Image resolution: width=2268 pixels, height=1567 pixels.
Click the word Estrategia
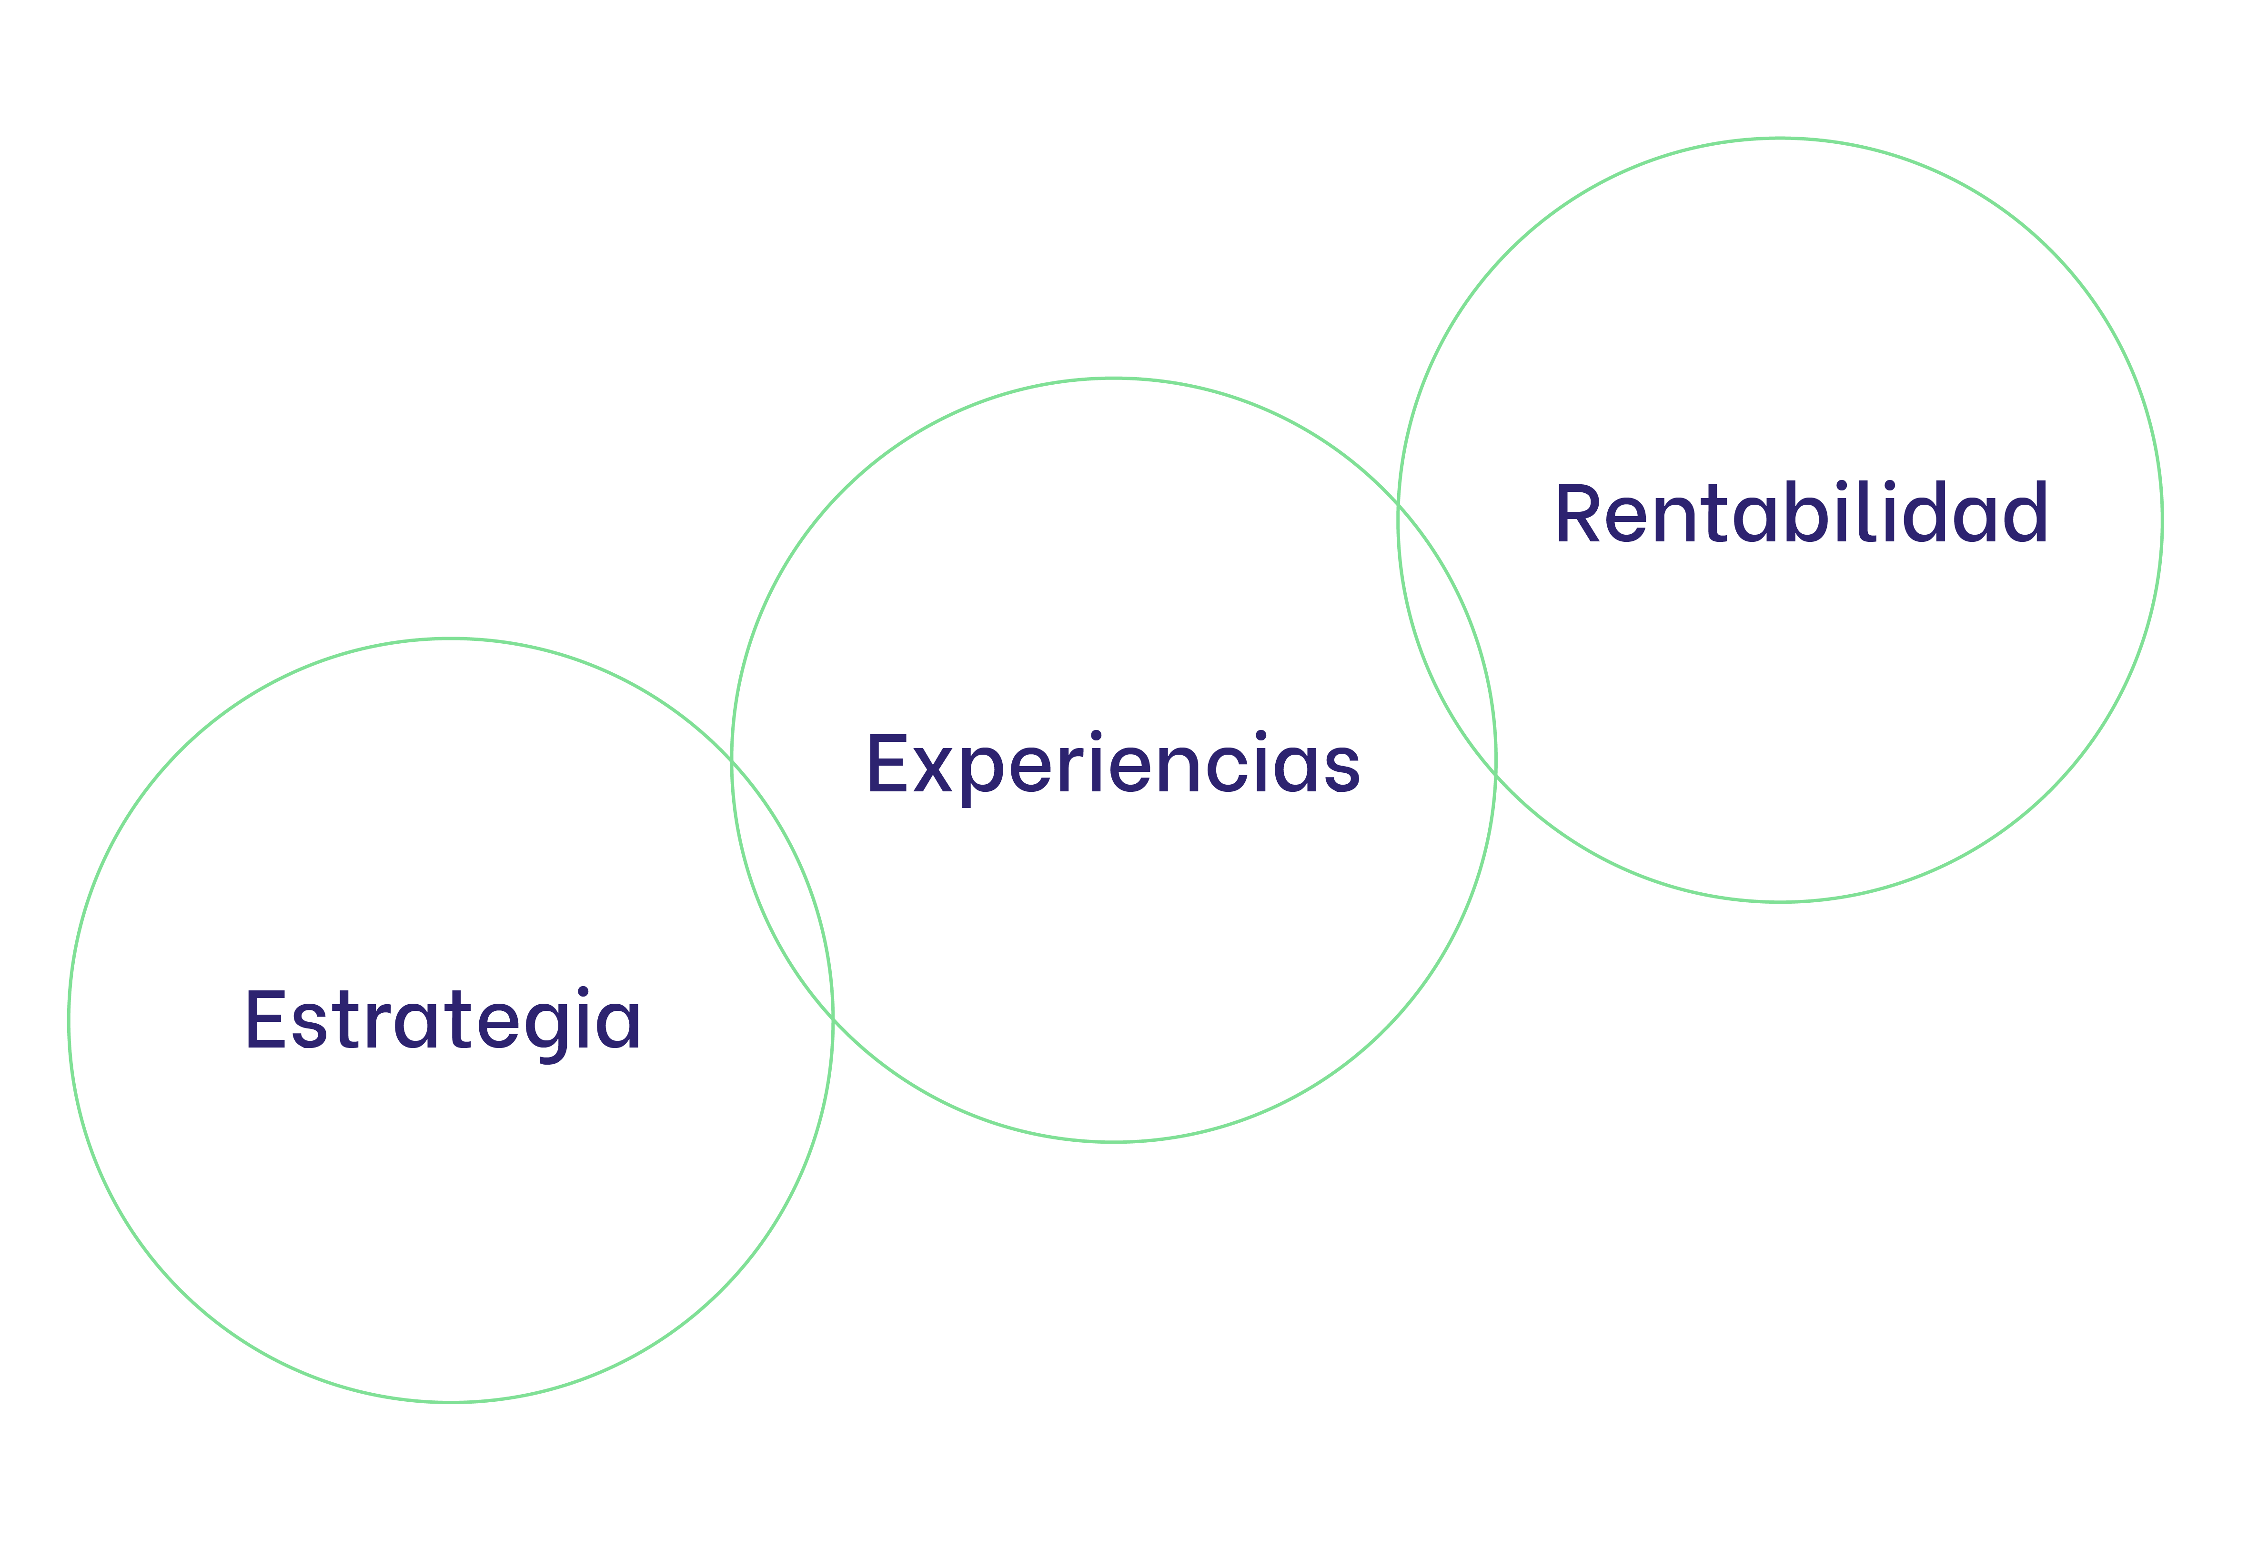pos(443,1021)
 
